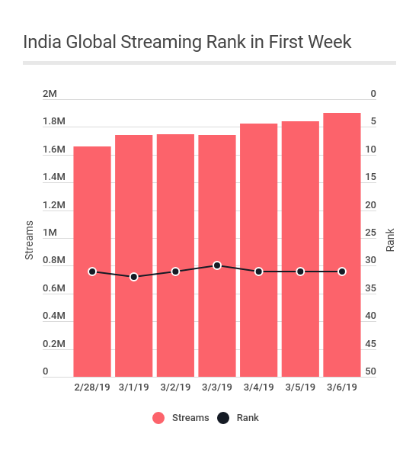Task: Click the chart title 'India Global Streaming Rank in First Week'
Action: click(187, 42)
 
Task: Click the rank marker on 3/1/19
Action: click(134, 277)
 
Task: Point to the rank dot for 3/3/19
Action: click(217, 265)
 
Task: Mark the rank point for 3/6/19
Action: click(342, 272)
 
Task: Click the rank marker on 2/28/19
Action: click(92, 272)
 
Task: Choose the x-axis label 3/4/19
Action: click(259, 387)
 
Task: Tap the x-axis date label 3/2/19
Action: click(175, 387)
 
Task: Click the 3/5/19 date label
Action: click(300, 387)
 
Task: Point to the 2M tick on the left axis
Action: click(50, 94)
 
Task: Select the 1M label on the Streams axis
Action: click(50, 233)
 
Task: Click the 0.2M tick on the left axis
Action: click(54, 344)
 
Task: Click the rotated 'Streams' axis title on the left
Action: click(30, 239)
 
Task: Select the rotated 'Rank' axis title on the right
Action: click(390, 239)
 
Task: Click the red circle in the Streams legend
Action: click(158, 418)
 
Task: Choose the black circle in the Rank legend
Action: click(223, 418)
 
